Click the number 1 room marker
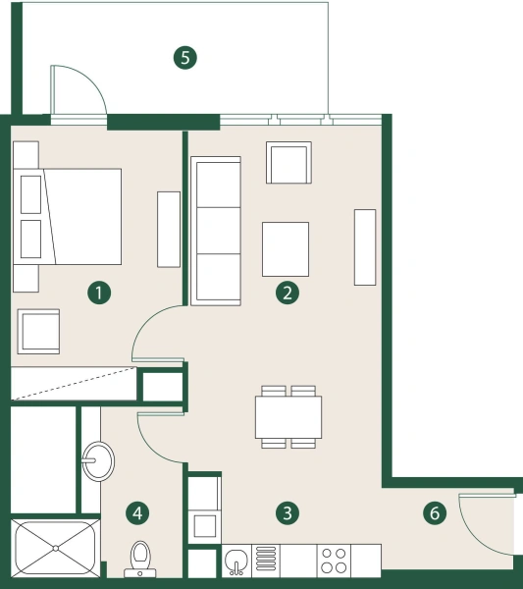point(98,292)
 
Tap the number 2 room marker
point(287,292)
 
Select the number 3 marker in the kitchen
point(287,511)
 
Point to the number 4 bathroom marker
point(138,511)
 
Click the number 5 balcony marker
point(184,57)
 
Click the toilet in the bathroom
point(139,558)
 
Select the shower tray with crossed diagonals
point(55,547)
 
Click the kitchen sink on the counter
point(235,561)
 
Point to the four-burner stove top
point(334,561)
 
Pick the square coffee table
point(286,248)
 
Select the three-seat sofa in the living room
point(216,232)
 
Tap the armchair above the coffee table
point(289,163)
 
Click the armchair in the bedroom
point(38,331)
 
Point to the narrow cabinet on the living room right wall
point(365,246)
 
